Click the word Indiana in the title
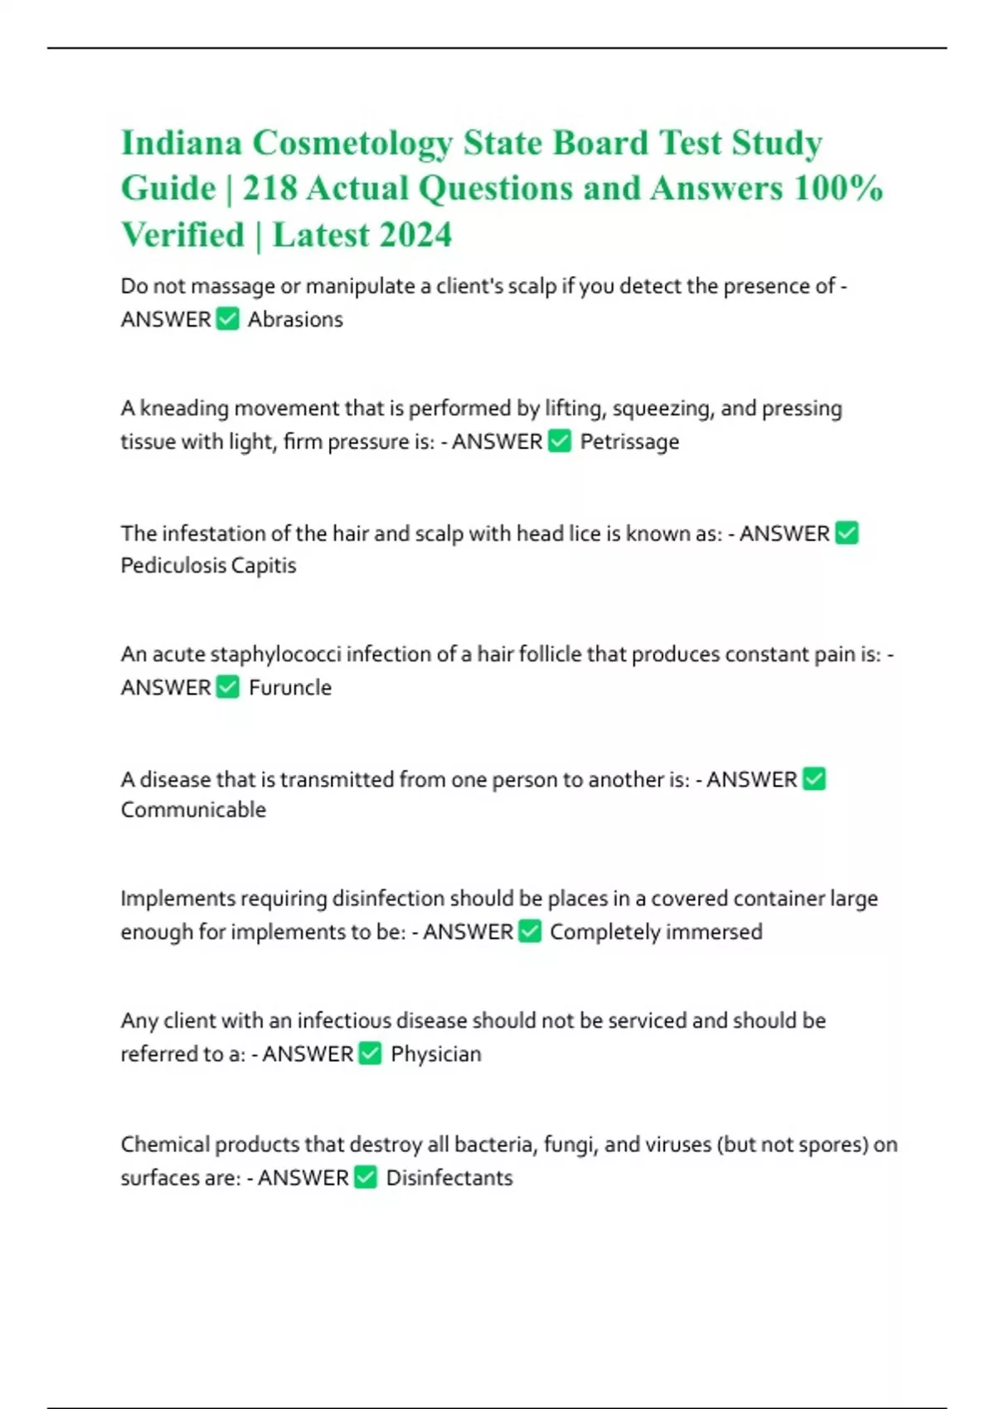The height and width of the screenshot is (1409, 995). pyautogui.click(x=182, y=143)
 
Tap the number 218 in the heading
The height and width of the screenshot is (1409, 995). pyautogui.click(x=269, y=188)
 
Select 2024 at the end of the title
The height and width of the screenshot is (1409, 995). pyautogui.click(x=405, y=235)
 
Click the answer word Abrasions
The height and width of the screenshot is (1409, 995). pyautogui.click(x=295, y=319)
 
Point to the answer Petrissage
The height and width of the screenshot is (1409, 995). pyautogui.click(x=629, y=442)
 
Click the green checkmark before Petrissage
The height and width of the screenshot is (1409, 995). pyautogui.click(x=561, y=441)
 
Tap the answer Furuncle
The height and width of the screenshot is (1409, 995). pyautogui.click(x=290, y=687)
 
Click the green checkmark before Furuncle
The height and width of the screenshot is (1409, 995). pyautogui.click(x=227, y=687)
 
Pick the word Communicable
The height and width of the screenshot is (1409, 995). pyautogui.click(x=193, y=810)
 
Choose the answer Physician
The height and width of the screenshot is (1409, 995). pyautogui.click(x=436, y=1054)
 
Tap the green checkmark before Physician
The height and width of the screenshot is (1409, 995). pyautogui.click(x=370, y=1053)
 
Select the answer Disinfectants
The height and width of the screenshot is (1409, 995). pyautogui.click(x=449, y=1178)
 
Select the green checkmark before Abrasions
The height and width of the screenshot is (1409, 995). pyautogui.click(x=227, y=319)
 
